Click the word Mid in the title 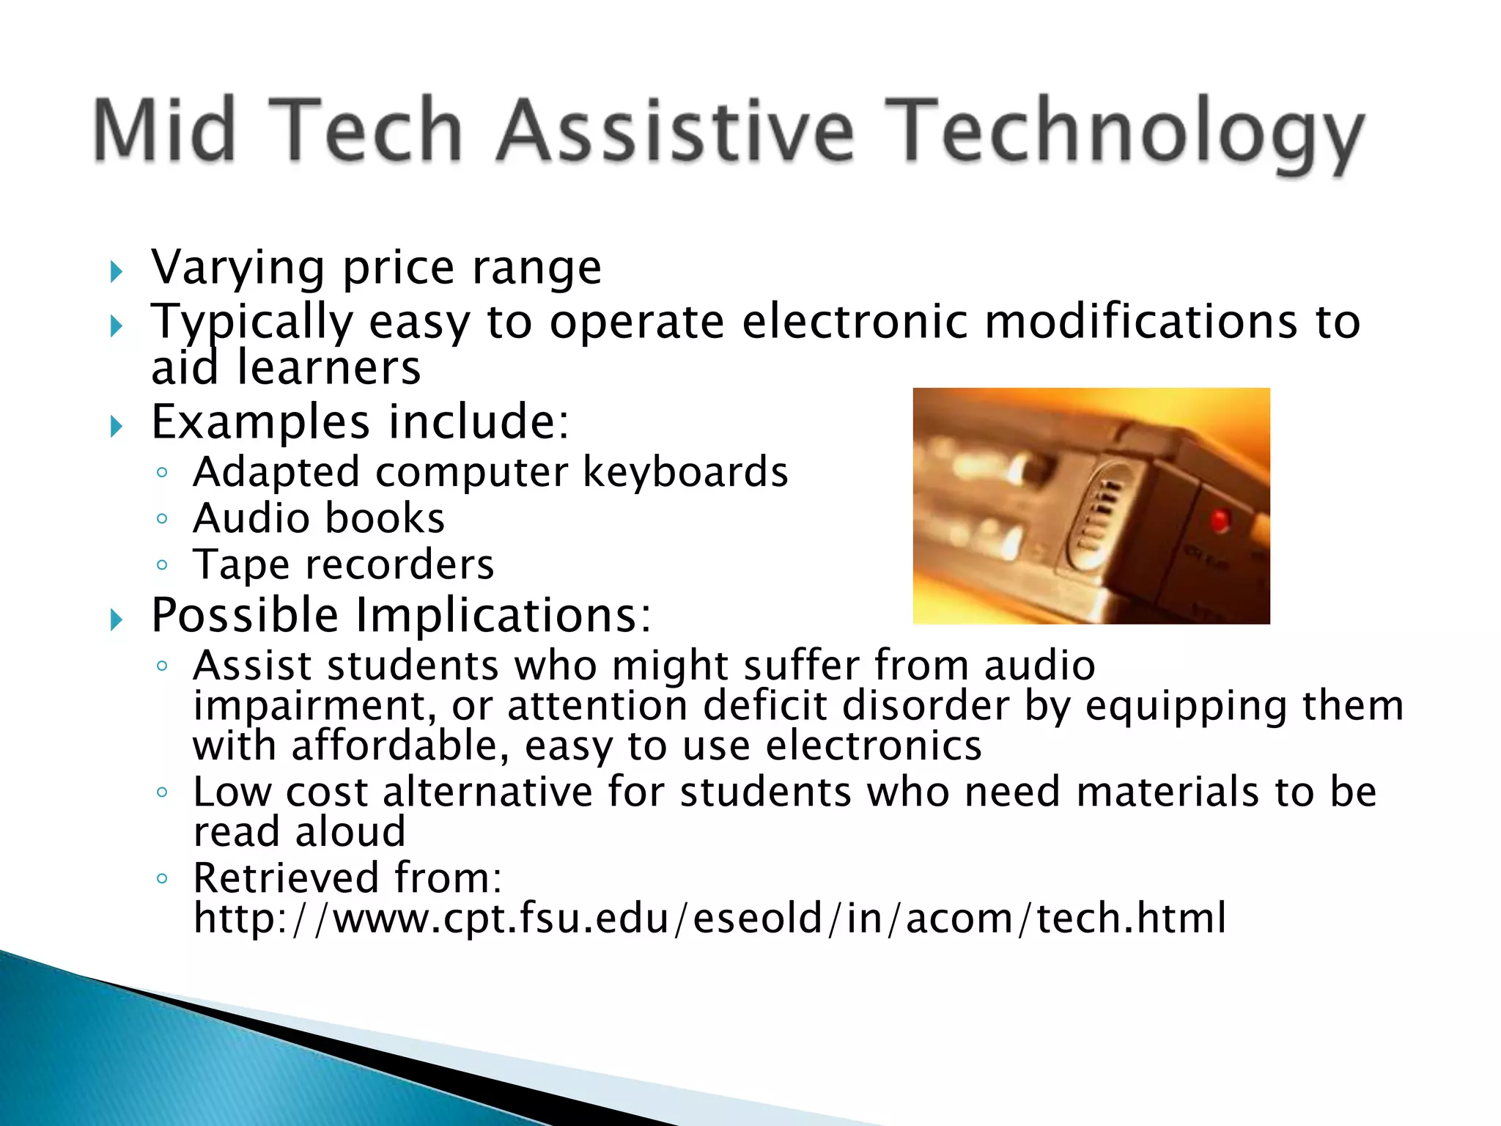166,130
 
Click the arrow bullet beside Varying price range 117,273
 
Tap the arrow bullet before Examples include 117,427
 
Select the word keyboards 685,472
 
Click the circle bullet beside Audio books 163,519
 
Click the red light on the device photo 1219,520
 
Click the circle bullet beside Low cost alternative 163,792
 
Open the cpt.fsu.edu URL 709,918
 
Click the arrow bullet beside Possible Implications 117,620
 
